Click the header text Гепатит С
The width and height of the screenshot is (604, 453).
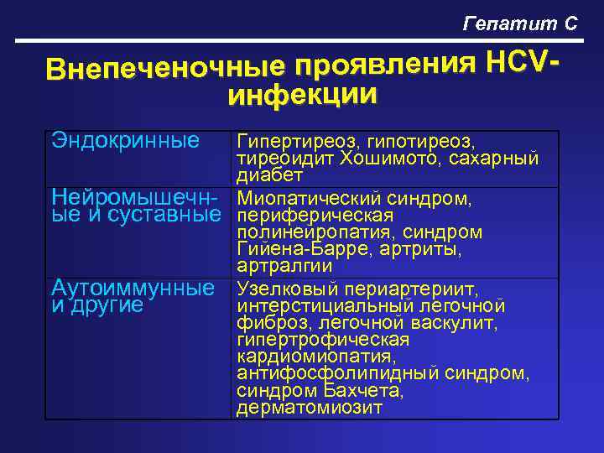tap(520, 23)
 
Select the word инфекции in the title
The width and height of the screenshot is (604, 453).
tap(302, 94)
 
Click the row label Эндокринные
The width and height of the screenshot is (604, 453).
tap(126, 139)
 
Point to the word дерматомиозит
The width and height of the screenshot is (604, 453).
tap(310, 408)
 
